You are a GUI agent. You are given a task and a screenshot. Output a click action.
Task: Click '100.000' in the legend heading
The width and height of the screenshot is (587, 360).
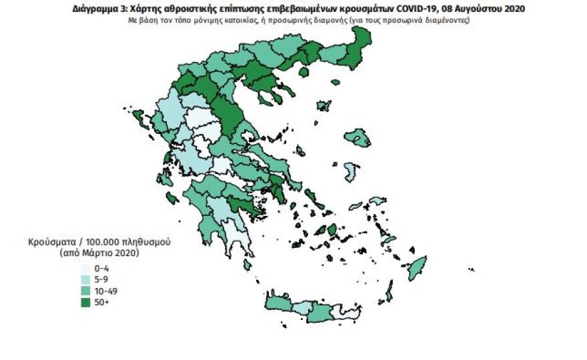pyautogui.click(x=102, y=241)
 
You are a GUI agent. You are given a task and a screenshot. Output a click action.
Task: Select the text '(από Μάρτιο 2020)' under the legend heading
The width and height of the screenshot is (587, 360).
pyautogui.click(x=99, y=253)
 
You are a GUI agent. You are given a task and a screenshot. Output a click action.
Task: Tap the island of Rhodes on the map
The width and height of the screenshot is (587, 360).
pyautogui.click(x=418, y=267)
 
